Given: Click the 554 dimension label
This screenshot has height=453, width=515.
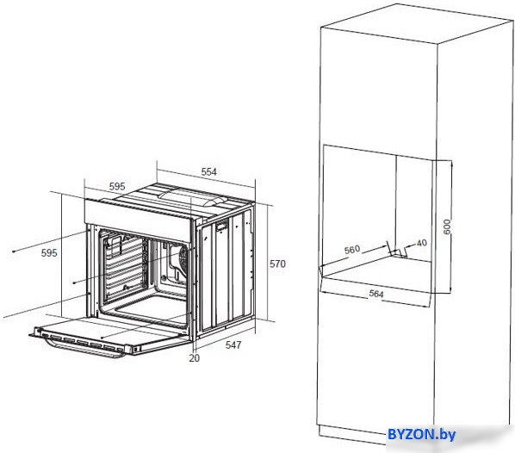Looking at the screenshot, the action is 209,171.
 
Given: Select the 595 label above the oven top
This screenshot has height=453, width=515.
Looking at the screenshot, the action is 117,186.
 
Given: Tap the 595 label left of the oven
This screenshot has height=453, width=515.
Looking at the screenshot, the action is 49,253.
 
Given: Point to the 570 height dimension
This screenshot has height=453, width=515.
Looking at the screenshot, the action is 277,264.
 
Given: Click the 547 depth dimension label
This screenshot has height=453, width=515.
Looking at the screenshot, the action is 233,344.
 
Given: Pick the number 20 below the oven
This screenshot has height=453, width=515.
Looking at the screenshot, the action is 194,358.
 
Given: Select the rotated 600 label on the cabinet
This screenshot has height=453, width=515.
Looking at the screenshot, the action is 447,226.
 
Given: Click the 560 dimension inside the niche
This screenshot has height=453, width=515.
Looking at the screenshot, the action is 352,250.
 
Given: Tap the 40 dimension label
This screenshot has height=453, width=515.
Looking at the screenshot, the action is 421,243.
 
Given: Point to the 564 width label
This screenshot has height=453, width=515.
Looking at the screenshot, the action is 376,294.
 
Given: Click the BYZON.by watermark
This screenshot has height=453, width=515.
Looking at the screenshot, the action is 422,434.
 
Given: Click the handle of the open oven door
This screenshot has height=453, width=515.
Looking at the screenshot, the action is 86,350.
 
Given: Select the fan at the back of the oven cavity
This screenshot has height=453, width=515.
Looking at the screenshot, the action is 181,258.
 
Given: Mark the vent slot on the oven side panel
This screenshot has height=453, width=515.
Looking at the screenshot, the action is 222,226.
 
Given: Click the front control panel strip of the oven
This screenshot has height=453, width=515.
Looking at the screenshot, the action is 138,213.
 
